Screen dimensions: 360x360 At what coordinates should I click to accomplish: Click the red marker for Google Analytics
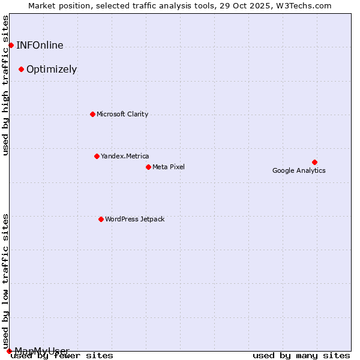click(314, 162)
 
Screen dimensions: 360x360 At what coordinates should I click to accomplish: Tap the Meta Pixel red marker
click(148, 167)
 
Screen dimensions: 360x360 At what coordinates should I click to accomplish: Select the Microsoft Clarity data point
click(92, 114)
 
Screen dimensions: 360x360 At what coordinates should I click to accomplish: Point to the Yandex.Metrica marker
click(97, 156)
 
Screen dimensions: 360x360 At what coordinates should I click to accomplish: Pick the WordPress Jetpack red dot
click(101, 219)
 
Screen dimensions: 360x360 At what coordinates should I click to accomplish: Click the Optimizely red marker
click(21, 69)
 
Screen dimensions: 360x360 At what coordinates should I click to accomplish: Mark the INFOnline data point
click(11, 45)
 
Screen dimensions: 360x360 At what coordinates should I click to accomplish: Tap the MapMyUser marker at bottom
click(9, 351)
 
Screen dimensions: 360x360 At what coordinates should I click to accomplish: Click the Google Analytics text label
click(299, 170)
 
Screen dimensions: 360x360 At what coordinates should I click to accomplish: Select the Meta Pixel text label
click(169, 167)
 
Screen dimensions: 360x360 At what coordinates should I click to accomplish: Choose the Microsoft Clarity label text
click(122, 114)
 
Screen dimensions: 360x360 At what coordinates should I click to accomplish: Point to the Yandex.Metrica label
click(125, 156)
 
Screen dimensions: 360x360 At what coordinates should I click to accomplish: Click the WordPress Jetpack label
click(134, 219)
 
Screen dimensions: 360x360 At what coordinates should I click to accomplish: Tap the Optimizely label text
click(52, 69)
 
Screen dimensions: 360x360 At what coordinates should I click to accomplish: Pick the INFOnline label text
click(40, 45)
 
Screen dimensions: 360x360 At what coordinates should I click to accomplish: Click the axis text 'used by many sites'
click(301, 356)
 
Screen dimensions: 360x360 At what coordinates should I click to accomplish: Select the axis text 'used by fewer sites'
click(62, 356)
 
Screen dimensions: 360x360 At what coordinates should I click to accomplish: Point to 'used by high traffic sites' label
click(6, 85)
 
